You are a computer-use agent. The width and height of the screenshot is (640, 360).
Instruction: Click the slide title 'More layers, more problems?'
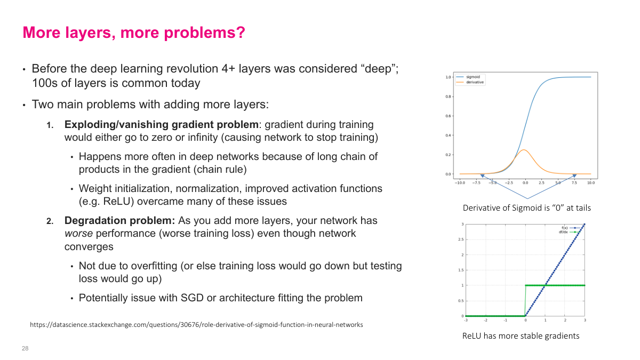click(x=133, y=33)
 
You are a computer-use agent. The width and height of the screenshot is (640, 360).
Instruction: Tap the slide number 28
click(x=25, y=348)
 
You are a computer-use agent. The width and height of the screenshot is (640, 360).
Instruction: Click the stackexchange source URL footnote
click(x=196, y=324)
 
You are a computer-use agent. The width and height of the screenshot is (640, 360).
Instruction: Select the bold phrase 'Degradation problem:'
click(x=120, y=220)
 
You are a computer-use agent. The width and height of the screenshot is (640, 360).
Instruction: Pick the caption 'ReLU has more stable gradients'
click(x=521, y=336)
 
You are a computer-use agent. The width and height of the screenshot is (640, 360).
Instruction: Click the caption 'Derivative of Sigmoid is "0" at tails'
click(x=526, y=208)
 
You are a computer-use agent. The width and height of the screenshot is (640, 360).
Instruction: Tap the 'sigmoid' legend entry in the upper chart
click(x=472, y=77)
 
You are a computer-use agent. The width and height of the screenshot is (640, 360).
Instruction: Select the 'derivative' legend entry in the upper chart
click(x=474, y=82)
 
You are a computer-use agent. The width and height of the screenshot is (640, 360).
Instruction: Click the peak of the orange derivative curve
click(x=525, y=150)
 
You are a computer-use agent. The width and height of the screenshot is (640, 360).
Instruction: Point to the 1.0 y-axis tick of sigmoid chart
click(x=448, y=77)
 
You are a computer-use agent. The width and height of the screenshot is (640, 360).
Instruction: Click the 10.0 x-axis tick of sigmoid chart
click(x=591, y=182)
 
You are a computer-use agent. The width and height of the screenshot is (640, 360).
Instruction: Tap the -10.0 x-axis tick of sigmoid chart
click(x=459, y=182)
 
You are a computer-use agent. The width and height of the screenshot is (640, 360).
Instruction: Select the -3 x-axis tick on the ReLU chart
click(x=466, y=320)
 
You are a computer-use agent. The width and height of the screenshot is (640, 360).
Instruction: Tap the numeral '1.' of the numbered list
click(x=50, y=125)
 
